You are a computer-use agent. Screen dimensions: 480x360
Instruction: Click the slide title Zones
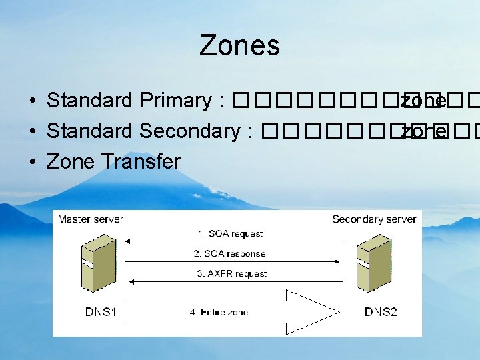click(x=239, y=46)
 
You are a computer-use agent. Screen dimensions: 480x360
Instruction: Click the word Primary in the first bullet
click(x=175, y=101)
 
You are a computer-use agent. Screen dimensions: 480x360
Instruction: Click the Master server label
click(x=91, y=219)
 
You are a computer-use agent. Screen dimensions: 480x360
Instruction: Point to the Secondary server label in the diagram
click(x=373, y=219)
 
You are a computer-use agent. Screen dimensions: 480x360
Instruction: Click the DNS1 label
click(x=101, y=312)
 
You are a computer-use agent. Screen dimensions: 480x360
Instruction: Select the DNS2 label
click(x=381, y=312)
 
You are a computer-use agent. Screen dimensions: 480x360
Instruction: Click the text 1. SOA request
click(x=230, y=234)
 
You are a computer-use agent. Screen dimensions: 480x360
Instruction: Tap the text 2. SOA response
click(x=230, y=254)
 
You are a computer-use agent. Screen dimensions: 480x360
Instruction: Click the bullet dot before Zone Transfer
click(x=32, y=163)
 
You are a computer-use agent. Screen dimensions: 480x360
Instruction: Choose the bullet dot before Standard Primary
click(x=32, y=101)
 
